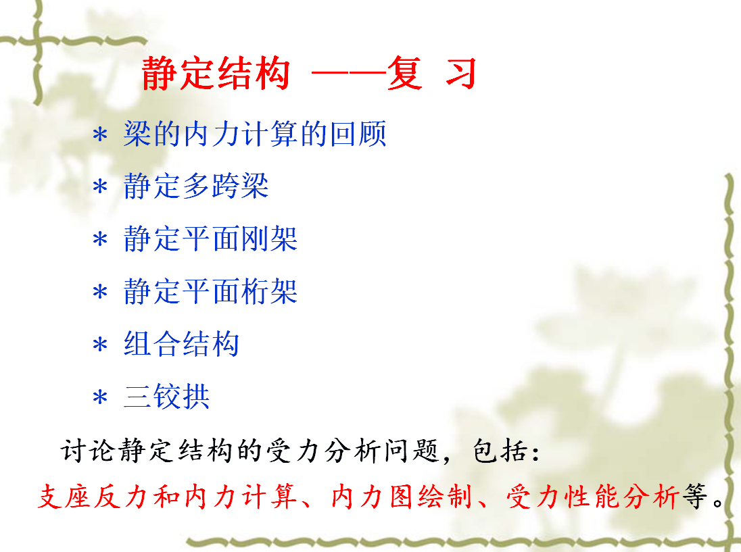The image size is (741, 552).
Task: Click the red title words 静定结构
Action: click(216, 73)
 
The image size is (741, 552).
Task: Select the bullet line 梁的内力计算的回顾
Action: click(255, 134)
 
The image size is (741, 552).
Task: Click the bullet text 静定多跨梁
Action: click(196, 186)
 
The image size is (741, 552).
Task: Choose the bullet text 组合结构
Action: click(181, 343)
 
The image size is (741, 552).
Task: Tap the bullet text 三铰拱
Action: click(167, 396)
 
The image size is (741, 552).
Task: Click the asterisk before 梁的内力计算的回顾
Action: click(100, 135)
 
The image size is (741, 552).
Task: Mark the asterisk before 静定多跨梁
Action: click(100, 187)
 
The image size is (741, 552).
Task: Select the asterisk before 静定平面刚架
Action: click(100, 239)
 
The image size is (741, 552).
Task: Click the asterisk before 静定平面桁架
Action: click(100, 292)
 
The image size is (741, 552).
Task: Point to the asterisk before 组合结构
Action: click(100, 345)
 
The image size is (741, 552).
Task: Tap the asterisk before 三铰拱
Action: click(100, 397)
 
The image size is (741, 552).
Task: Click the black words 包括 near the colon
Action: click(500, 451)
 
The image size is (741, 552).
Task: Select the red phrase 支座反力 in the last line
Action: click(92, 497)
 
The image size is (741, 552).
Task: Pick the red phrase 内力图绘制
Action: click(402, 497)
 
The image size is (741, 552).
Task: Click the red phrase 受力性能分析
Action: click(593, 497)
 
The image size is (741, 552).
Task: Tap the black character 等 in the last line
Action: click(695, 497)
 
